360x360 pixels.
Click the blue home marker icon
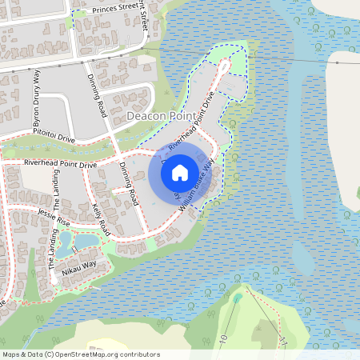[x=180, y=172]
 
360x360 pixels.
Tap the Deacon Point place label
[x=159, y=117]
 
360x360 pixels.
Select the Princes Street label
[x=115, y=7]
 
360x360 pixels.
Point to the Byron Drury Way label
[x=36, y=97]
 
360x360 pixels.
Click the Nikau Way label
[x=78, y=266]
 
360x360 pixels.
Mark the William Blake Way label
[x=197, y=185]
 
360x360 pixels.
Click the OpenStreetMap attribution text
[x=81, y=354]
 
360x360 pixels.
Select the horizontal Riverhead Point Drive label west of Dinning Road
[x=60, y=163]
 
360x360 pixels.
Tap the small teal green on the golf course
[x=238, y=298]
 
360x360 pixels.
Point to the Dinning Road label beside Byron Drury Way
[x=95, y=94]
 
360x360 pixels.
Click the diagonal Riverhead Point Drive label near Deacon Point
[x=192, y=124]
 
